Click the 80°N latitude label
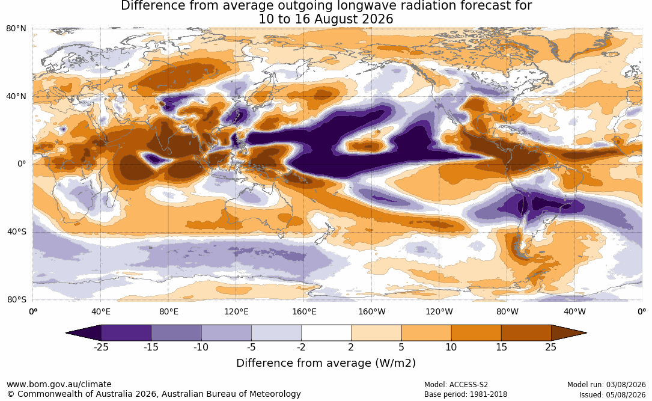point(16,29)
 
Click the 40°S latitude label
point(17,231)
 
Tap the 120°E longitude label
point(237,311)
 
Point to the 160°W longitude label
point(372,311)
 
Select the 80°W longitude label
point(507,311)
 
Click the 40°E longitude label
point(101,311)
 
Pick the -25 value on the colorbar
point(101,347)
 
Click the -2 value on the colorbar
point(301,347)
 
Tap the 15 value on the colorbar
point(502,347)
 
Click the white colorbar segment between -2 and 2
point(326,333)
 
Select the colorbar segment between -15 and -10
point(176,333)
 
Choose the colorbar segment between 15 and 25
point(526,333)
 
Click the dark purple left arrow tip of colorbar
point(67,333)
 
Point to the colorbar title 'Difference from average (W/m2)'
point(326,363)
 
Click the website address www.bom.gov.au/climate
point(59,384)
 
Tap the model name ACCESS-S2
point(469,385)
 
